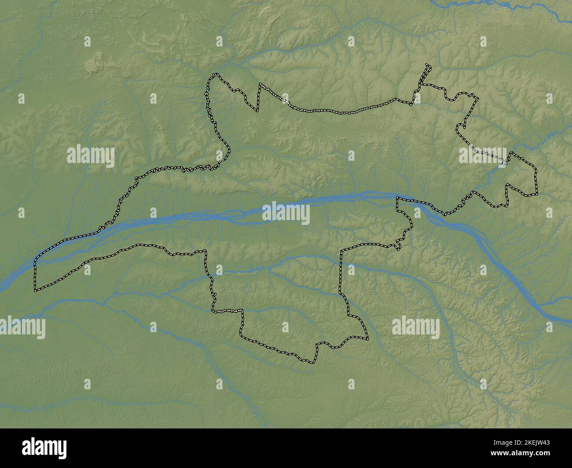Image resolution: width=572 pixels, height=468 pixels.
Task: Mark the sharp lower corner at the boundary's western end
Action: tap(36, 290)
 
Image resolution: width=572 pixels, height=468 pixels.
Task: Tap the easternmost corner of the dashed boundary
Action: tap(537, 193)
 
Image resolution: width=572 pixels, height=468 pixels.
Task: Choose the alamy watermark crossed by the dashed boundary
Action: tap(483, 155)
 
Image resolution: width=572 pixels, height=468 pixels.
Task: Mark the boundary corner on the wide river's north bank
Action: tap(397, 199)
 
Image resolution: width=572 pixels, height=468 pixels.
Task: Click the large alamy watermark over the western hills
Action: tap(91, 156)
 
